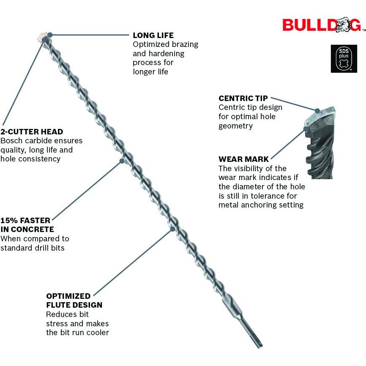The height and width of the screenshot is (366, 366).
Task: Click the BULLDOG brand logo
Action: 321,25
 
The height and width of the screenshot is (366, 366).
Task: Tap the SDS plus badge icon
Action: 344,59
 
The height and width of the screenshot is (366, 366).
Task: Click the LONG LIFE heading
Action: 153,35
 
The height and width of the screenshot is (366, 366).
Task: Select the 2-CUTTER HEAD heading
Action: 32,131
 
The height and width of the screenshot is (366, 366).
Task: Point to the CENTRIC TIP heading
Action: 243,98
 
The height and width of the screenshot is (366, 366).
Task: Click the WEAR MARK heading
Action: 243,159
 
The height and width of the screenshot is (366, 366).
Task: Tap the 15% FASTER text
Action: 25,220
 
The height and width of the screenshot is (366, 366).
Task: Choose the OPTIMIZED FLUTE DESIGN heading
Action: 74,300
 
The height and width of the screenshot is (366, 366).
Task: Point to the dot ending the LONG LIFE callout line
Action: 50,35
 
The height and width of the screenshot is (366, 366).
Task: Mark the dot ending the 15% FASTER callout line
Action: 122,160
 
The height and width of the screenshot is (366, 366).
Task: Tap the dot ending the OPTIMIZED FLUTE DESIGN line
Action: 172,229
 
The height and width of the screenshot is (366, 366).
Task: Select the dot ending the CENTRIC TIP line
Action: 314,109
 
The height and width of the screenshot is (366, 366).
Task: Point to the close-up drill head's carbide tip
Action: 324,113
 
